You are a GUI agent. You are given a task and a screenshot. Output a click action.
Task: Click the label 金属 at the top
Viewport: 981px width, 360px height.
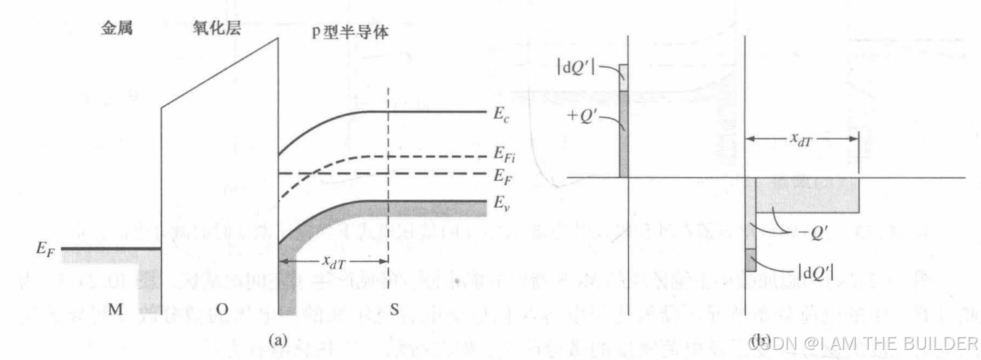(116, 32)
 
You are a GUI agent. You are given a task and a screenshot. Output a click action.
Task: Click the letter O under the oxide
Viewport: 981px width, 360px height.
(222, 310)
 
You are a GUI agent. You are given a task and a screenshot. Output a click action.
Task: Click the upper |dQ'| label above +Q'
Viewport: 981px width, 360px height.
(576, 68)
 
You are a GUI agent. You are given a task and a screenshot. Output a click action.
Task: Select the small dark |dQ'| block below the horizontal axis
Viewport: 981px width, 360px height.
(751, 260)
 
